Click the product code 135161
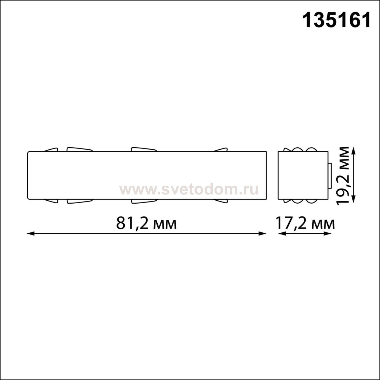tap(336, 20)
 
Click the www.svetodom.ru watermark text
tap(189, 189)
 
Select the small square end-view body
tap(303, 175)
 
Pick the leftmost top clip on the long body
tap(51, 150)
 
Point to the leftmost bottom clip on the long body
tap(51, 201)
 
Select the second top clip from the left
tap(80, 149)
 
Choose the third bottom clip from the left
tap(144, 202)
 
